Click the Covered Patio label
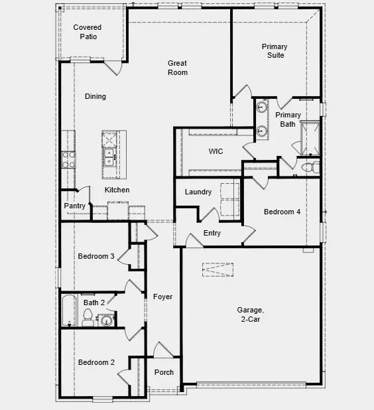(88, 32)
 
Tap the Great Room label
(177, 68)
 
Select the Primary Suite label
(274, 50)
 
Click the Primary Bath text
(288, 119)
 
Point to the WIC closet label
(216, 152)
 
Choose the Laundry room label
(198, 192)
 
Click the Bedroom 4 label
(282, 212)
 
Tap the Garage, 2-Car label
(251, 314)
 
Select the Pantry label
(74, 206)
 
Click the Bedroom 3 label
(96, 257)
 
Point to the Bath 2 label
(93, 303)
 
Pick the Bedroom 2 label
(96, 363)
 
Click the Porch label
(164, 373)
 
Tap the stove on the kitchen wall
(68, 159)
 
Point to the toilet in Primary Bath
(312, 167)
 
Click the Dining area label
(95, 97)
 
